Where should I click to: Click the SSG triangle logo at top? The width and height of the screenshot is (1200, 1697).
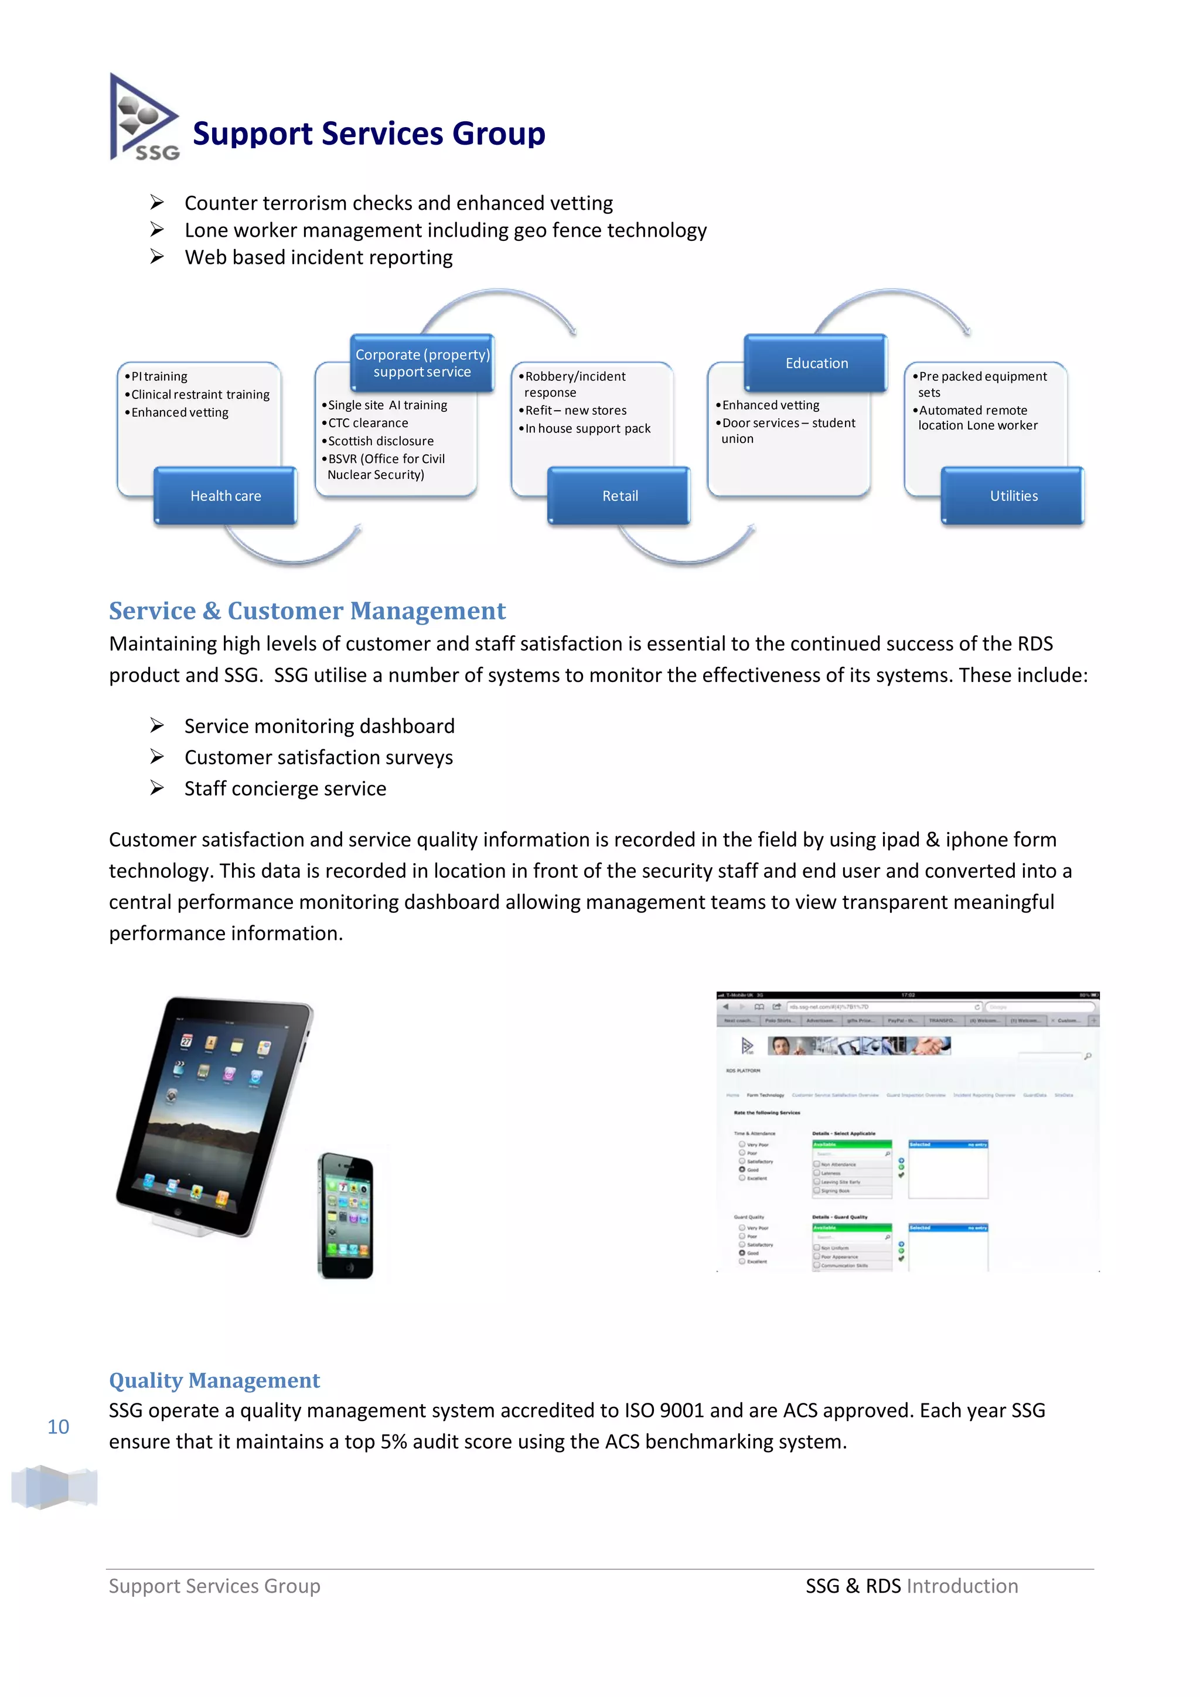coord(144,118)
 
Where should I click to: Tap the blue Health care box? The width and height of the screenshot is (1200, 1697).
coord(226,496)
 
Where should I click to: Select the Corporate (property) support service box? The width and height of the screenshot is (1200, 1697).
coord(422,363)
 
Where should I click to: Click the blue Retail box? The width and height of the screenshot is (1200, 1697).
coord(619,496)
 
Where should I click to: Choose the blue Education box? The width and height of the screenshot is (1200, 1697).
coord(816,363)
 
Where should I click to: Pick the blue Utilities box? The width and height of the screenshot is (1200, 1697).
coord(1013,496)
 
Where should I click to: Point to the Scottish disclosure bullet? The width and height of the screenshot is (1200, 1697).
coord(380,441)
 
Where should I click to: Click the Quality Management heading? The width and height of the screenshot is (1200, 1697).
coord(214,1381)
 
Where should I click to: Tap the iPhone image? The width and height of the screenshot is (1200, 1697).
coord(346,1216)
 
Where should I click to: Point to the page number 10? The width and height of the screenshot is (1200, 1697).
coord(59,1427)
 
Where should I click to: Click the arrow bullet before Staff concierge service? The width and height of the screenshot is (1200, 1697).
coord(156,788)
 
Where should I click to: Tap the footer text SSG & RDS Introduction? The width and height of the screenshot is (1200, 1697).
coord(911,1586)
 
